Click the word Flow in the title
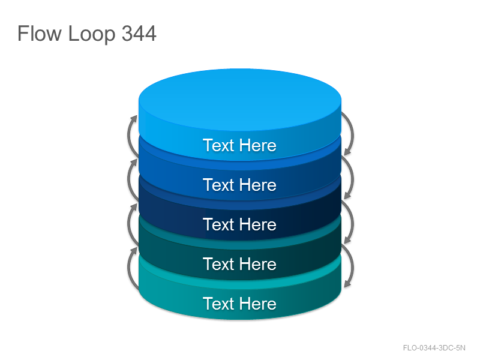point(40,33)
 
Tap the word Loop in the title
point(92,34)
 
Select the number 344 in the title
point(139,33)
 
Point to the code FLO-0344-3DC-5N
point(434,348)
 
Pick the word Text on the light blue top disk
point(218,145)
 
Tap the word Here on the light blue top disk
point(258,145)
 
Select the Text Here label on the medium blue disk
point(239,185)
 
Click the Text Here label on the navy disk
point(239,224)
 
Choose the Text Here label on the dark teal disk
point(239,264)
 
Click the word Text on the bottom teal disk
point(218,304)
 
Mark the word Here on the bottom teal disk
point(258,304)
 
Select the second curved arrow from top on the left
point(128,179)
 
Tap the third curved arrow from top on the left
point(128,224)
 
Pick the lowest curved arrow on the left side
point(128,268)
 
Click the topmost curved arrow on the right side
point(353,134)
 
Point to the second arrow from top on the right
point(353,178)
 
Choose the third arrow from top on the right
point(353,222)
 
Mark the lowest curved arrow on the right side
point(353,266)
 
